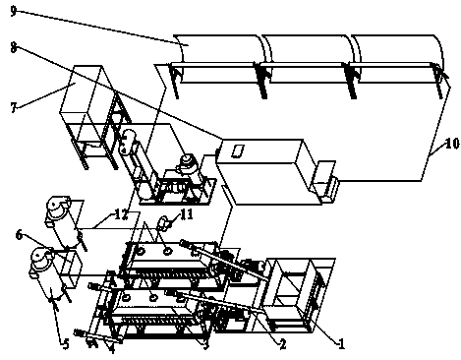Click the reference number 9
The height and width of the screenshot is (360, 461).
click(x=13, y=11)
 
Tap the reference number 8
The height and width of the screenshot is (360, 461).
click(x=13, y=48)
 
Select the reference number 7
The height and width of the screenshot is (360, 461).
click(x=14, y=107)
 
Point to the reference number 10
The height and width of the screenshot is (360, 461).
click(x=452, y=144)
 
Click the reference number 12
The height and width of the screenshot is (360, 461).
click(x=121, y=214)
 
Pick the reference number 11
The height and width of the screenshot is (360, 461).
click(x=186, y=214)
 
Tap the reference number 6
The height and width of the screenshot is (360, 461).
click(x=19, y=235)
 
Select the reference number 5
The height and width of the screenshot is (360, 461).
click(x=66, y=344)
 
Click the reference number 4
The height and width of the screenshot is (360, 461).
click(x=112, y=349)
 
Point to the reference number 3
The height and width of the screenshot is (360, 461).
click(x=205, y=344)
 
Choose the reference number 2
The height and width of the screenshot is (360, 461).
click(x=282, y=344)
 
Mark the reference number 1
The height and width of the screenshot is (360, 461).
click(x=341, y=344)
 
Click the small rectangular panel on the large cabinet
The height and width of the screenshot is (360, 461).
click(x=237, y=151)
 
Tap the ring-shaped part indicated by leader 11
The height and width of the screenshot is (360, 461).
click(x=162, y=223)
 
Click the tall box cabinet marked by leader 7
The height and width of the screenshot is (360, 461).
click(x=86, y=94)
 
